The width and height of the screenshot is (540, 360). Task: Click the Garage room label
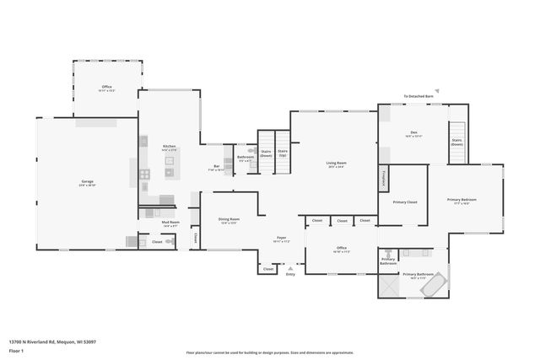[87, 183]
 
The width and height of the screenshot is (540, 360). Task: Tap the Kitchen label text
[169, 148]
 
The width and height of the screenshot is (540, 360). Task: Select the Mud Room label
[169, 224]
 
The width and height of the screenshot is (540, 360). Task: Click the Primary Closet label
[405, 202]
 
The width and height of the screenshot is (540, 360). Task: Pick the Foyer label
[282, 239]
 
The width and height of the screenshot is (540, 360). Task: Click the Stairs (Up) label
[283, 153]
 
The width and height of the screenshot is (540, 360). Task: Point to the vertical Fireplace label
[383, 179]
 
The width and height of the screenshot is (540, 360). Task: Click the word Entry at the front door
[290, 273]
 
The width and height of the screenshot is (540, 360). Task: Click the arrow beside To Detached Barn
[437, 90]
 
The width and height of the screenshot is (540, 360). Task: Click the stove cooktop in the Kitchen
[144, 175]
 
